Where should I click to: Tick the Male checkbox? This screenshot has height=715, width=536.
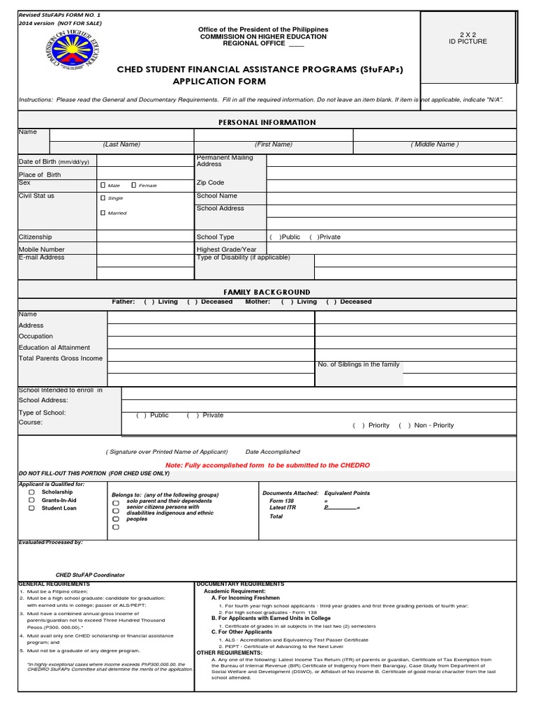click(103, 185)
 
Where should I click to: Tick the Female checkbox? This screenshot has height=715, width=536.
click(134, 185)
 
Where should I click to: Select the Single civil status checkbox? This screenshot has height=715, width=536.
click(103, 198)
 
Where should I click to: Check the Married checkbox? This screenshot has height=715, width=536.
click(103, 212)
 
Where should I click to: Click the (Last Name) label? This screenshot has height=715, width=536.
click(121, 145)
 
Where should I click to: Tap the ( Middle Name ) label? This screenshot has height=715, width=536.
click(435, 145)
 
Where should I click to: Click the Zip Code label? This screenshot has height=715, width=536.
click(210, 182)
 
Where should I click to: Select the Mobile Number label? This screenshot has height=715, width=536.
click(41, 249)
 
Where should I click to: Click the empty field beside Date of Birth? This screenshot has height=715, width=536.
click(145, 161)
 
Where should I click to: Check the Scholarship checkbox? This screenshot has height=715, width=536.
click(32, 492)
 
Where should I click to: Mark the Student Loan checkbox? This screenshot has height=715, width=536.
click(32, 508)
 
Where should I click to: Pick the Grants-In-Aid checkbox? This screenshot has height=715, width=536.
click(32, 500)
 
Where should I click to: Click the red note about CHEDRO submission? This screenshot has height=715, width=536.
click(267, 465)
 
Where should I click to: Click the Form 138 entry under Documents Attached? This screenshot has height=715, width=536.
click(281, 501)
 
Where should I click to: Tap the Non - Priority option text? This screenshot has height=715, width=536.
click(433, 425)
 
